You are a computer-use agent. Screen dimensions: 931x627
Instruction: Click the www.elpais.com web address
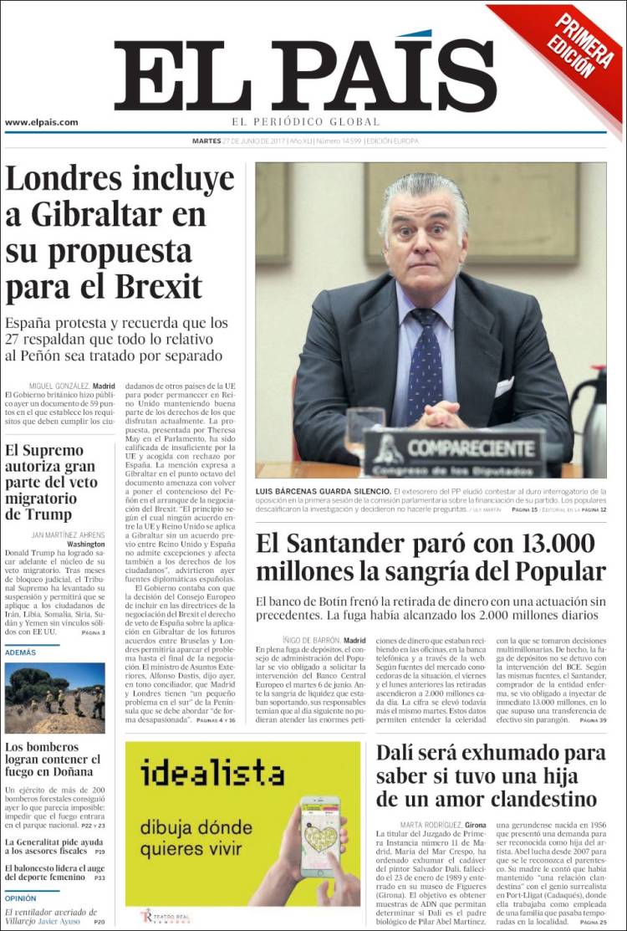42,122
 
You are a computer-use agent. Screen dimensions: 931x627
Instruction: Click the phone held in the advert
320,837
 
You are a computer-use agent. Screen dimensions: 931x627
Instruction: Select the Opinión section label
21,898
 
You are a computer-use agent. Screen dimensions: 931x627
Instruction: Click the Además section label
20,652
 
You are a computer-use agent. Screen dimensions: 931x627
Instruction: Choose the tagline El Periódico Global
306,122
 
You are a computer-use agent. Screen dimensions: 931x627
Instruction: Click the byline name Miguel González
59,386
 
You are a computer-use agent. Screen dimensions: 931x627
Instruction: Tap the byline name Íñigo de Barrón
308,641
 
